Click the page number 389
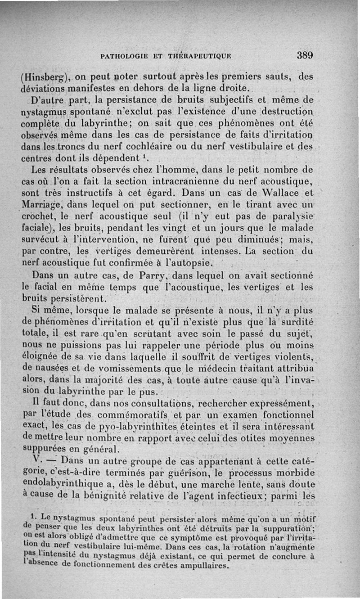pyautogui.click(x=305, y=56)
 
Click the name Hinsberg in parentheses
pyautogui.click(x=43, y=77)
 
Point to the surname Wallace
pyautogui.click(x=283, y=193)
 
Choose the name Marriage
pyautogui.click(x=43, y=204)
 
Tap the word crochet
pyautogui.click(x=40, y=216)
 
